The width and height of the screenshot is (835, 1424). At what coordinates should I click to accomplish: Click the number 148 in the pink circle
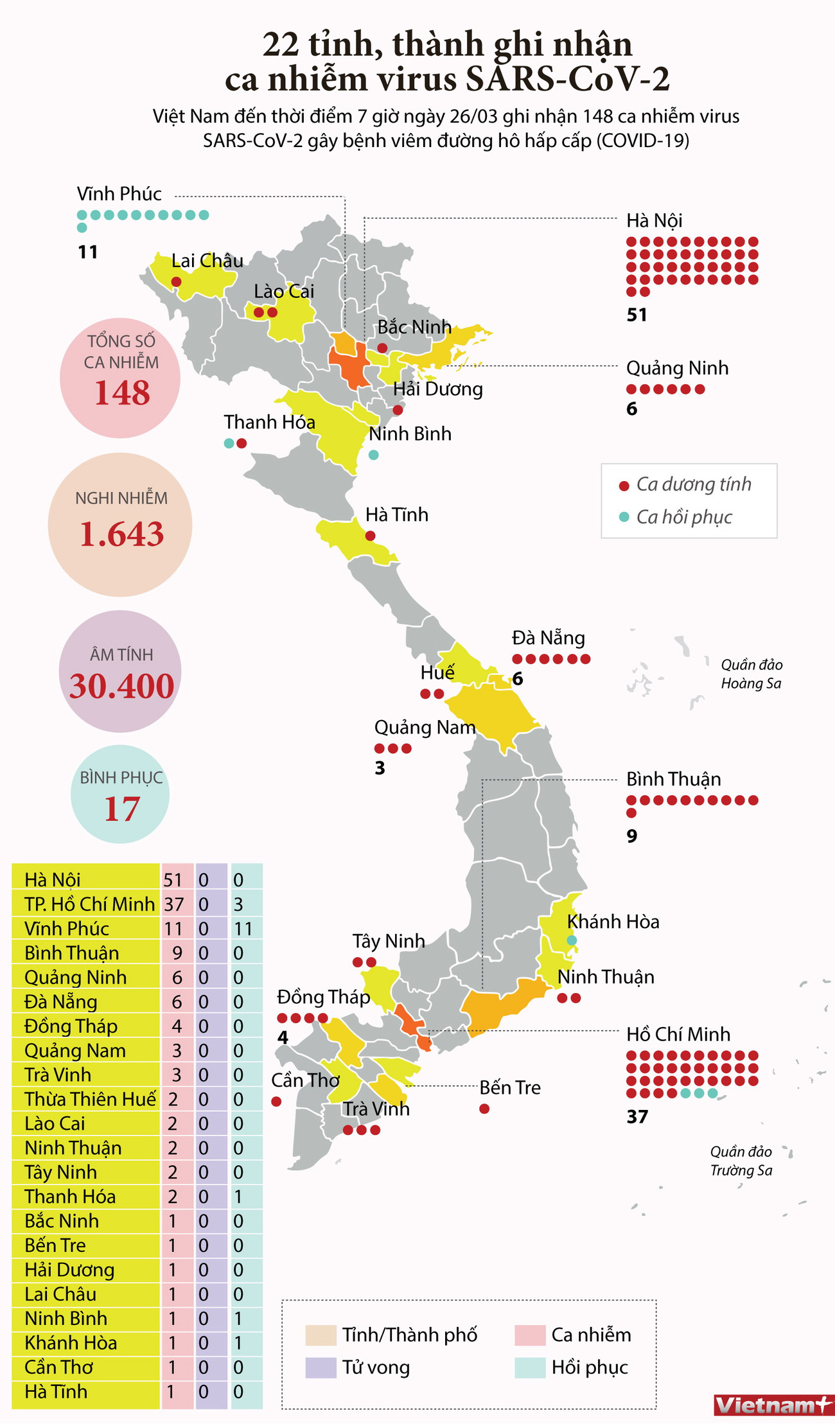(121, 392)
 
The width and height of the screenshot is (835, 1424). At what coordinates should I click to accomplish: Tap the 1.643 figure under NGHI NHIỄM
(121, 534)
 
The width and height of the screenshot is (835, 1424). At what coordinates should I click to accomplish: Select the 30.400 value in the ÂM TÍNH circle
(121, 685)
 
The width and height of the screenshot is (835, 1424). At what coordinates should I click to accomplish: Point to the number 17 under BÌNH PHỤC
(121, 808)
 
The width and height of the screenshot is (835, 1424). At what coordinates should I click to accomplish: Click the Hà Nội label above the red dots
(654, 220)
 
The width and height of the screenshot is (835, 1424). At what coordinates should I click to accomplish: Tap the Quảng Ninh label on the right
(677, 367)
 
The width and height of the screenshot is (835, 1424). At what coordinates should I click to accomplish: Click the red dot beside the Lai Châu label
(176, 282)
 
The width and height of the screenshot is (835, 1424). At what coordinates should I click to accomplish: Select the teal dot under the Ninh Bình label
(374, 455)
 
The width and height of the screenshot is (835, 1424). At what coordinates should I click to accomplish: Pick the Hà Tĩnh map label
(396, 514)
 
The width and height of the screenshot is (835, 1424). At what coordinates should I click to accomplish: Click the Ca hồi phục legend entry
(683, 516)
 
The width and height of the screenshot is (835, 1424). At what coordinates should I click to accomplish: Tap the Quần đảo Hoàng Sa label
(751, 674)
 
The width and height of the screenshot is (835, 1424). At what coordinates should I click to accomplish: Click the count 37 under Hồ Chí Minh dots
(637, 1116)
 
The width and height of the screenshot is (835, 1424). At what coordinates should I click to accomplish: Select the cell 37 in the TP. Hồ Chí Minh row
(174, 904)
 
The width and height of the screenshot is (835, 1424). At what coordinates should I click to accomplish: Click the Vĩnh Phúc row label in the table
(67, 929)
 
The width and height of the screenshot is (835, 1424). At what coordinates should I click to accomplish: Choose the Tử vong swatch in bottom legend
(321, 1367)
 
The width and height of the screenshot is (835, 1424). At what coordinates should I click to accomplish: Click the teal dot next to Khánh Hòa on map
(572, 940)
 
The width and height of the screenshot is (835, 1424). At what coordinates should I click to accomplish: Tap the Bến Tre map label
(509, 1087)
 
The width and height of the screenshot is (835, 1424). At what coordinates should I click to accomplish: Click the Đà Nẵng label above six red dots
(548, 638)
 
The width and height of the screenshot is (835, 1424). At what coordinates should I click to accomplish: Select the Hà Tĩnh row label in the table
(55, 1391)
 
